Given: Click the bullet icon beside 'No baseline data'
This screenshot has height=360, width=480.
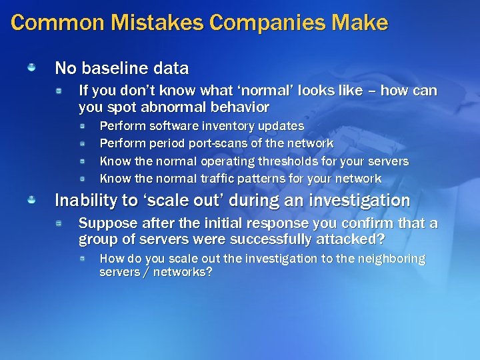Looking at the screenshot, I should pyautogui.click(x=32, y=67).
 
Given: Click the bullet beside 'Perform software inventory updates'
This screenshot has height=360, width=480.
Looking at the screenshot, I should pyautogui.click(x=83, y=125).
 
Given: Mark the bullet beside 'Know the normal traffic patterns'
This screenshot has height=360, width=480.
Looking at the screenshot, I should pyautogui.click(x=83, y=178).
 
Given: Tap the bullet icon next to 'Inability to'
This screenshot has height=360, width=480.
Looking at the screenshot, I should pyautogui.click(x=32, y=199).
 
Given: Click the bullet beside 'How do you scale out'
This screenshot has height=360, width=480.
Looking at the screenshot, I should pyautogui.click(x=83, y=258).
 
